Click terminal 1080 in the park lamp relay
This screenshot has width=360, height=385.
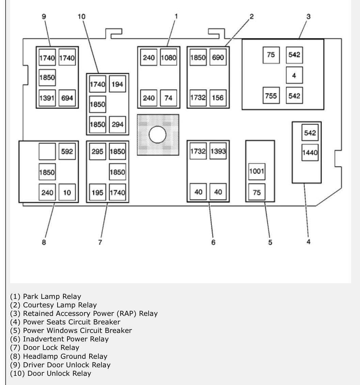click(169, 58)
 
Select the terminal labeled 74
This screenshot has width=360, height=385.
click(169, 98)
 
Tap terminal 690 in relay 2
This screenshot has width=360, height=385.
click(218, 58)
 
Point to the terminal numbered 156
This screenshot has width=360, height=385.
click(218, 98)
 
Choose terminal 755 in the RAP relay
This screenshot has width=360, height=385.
click(271, 96)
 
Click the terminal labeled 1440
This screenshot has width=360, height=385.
click(310, 153)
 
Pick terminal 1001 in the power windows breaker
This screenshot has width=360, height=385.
click(256, 171)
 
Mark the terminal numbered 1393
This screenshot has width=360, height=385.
click(218, 151)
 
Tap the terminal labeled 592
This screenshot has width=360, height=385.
click(67, 151)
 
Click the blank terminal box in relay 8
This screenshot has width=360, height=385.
click(47, 151)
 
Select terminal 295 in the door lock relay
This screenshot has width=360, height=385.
click(97, 151)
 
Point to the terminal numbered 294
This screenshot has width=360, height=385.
click(117, 124)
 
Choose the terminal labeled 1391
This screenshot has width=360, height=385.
click(47, 98)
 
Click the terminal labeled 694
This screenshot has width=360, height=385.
click(67, 98)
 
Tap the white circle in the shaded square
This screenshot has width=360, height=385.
click(158, 134)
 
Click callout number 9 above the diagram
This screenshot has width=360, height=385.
click(44, 17)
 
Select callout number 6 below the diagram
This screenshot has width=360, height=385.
click(213, 242)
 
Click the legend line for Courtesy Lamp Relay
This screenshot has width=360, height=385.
click(53, 305)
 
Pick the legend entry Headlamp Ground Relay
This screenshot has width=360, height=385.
click(59, 356)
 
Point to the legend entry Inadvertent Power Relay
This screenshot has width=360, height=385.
click(59, 339)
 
